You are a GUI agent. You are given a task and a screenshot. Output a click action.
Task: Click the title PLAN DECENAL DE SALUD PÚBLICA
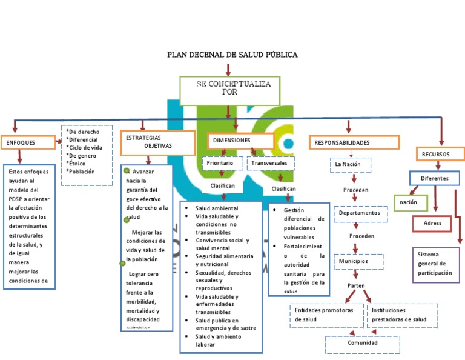click(232, 55)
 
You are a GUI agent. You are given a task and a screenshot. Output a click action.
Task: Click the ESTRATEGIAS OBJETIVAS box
click(156, 142)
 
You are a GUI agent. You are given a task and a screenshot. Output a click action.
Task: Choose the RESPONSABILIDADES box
click(354, 142)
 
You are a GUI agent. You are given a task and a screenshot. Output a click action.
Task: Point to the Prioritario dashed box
click(222, 164)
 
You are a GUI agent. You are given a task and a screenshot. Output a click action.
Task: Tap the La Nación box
click(351, 164)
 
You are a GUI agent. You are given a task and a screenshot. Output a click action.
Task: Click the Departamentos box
click(360, 213)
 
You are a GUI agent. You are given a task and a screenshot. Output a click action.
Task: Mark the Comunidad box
click(363, 344)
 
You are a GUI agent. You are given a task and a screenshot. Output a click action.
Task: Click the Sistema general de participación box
click(435, 264)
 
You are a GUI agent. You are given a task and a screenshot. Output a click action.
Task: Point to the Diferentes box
click(434, 179)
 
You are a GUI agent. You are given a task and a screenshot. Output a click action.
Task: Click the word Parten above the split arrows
click(357, 285)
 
